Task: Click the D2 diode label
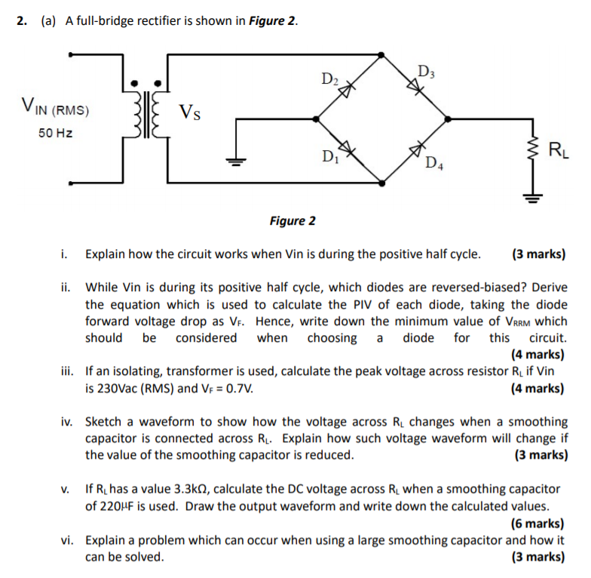[330, 78]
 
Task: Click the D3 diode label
[425, 72]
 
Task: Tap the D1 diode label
[329, 157]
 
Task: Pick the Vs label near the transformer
[190, 113]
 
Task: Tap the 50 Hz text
[54, 133]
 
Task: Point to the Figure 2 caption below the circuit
[292, 221]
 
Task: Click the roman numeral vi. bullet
[69, 540]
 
